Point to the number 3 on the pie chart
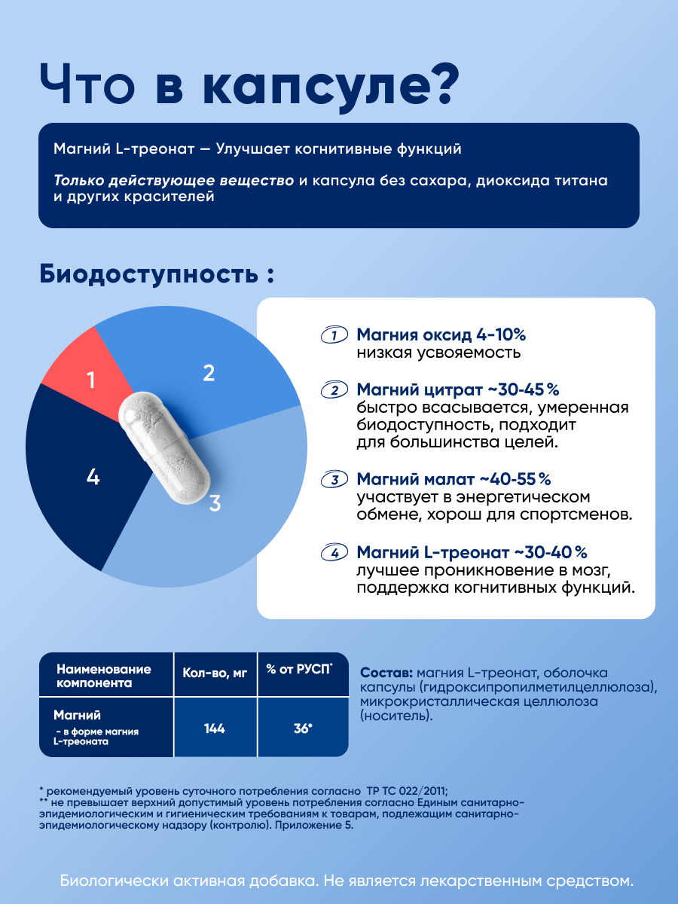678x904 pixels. (215, 503)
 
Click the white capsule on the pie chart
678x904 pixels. (164, 447)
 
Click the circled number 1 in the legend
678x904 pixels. (334, 334)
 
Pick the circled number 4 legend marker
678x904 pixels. (334, 552)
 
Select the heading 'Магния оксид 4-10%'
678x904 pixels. (441, 334)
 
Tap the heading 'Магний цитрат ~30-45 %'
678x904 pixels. (458, 389)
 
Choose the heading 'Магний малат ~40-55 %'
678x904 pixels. (454, 479)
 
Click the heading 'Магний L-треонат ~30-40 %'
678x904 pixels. (472, 552)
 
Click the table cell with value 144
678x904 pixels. (215, 728)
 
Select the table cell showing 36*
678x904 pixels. (303, 728)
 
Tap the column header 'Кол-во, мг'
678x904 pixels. (215, 673)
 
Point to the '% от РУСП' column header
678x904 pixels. (299, 670)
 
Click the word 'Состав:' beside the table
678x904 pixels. (386, 673)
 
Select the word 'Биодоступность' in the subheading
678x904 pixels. (148, 274)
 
